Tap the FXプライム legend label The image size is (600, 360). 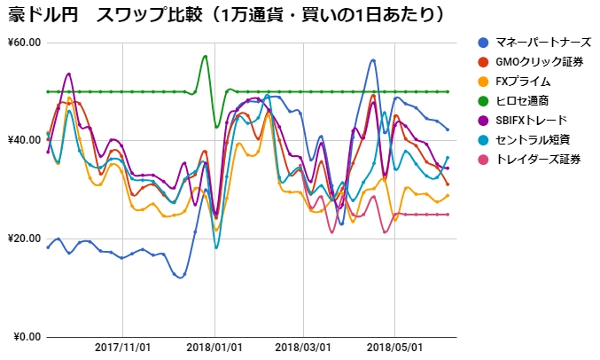pyautogui.click(x=524, y=81)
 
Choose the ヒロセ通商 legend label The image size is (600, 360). pyautogui.click(x=524, y=100)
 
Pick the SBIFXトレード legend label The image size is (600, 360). pyautogui.click(x=532, y=120)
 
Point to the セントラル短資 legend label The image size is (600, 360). pyautogui.click(x=533, y=139)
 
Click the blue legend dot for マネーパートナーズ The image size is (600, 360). pyautogui.click(x=482, y=42)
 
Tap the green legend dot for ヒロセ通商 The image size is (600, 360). pyautogui.click(x=482, y=100)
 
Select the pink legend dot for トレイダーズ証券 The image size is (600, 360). pyautogui.click(x=482, y=159)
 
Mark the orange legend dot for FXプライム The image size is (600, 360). pyautogui.click(x=482, y=81)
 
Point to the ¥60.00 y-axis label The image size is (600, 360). pyautogui.click(x=24, y=43)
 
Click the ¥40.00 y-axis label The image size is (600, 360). pyautogui.click(x=24, y=140)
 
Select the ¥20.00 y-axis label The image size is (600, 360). pyautogui.click(x=24, y=239)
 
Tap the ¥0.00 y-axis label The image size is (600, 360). pyautogui.click(x=27, y=337)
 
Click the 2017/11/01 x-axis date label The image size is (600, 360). pyautogui.click(x=123, y=348)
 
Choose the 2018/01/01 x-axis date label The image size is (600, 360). pyautogui.click(x=214, y=348)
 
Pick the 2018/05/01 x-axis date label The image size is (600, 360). pyautogui.click(x=394, y=348)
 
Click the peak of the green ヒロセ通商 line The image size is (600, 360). pyautogui.click(x=205, y=56)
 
